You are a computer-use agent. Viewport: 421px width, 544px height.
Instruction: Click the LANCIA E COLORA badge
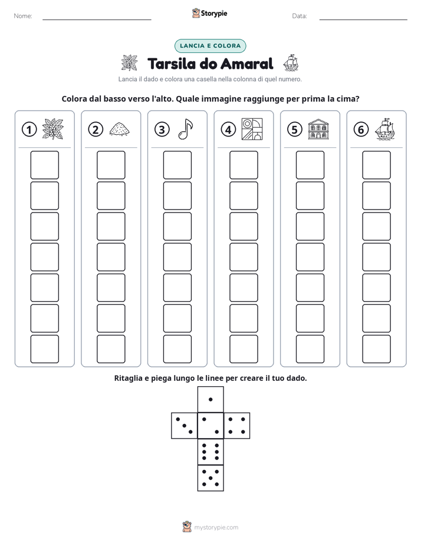(x=210, y=46)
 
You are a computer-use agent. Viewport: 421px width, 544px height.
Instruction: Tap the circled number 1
(x=29, y=130)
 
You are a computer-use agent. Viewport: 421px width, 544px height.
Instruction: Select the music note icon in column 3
(x=186, y=129)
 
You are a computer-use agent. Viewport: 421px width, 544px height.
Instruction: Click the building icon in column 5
(x=318, y=130)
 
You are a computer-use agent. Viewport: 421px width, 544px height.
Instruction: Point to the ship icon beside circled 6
(x=385, y=130)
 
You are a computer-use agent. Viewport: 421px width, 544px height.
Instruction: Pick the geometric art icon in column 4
(x=252, y=130)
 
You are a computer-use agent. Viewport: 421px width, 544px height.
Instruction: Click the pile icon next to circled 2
(x=120, y=129)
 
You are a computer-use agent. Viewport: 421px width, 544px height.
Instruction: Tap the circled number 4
(x=228, y=130)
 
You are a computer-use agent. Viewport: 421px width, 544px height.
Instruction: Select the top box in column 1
(x=44, y=165)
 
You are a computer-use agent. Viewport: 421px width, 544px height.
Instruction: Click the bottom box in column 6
(x=376, y=349)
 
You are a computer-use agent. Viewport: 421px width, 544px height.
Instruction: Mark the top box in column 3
(x=177, y=165)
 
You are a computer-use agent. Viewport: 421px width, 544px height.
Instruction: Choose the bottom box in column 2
(x=111, y=349)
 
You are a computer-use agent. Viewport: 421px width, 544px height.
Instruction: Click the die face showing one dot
(x=210, y=399)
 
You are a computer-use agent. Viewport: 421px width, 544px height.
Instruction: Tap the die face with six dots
(x=210, y=452)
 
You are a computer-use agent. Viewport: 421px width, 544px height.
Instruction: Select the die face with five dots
(x=210, y=478)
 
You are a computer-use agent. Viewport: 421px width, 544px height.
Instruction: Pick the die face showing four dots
(x=237, y=425)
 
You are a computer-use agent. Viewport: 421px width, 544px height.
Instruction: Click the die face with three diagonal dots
(x=184, y=425)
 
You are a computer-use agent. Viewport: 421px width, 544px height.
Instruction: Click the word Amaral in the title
(x=247, y=64)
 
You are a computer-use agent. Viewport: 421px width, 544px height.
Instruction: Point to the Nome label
(x=23, y=16)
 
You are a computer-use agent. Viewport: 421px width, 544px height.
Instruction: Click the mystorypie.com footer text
(x=216, y=528)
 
